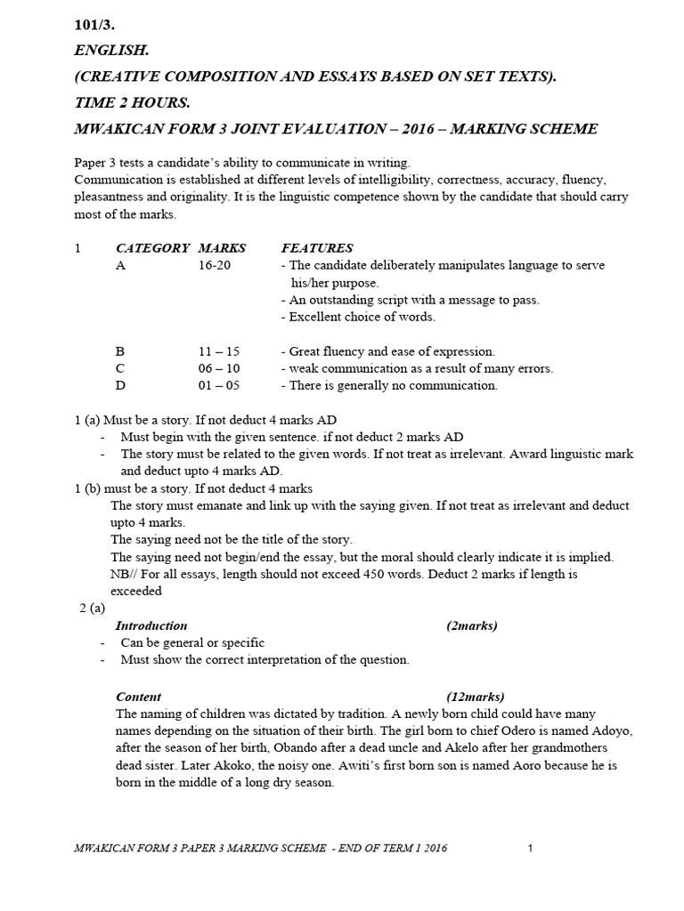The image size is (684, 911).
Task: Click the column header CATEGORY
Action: [x=152, y=248]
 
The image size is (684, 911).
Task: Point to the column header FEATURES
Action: [x=317, y=248]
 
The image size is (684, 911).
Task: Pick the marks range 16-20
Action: [x=215, y=265]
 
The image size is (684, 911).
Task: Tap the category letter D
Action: [x=121, y=385]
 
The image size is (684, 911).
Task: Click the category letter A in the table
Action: [x=121, y=265]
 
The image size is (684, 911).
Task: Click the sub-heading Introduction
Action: [x=151, y=625]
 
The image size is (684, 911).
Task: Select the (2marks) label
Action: [x=471, y=625]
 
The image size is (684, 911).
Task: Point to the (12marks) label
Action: [x=475, y=697]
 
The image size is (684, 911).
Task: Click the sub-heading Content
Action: [x=138, y=697]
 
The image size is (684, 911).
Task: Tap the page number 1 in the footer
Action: [x=530, y=848]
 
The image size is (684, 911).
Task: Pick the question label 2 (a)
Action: [x=91, y=608]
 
